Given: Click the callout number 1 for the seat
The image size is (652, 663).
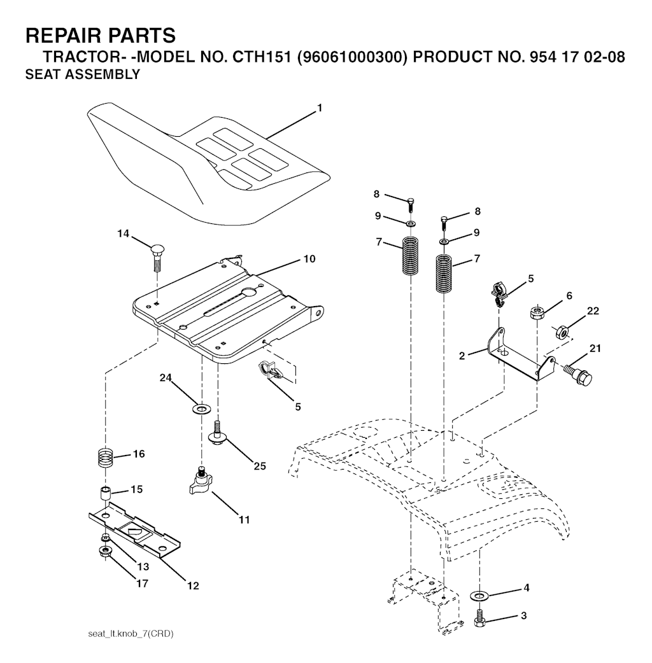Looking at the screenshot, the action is point(320,108).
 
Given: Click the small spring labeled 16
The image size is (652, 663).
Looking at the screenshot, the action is point(106,457).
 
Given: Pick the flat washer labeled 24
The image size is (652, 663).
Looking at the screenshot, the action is point(202,409).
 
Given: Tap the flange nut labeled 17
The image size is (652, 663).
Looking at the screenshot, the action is point(104,551).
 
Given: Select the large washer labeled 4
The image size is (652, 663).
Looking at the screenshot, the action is point(479,596).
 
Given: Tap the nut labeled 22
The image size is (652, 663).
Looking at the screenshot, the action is point(562,331).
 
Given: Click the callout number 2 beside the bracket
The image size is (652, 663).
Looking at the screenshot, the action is point(462,356).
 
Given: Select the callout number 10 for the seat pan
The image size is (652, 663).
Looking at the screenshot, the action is point(309,259).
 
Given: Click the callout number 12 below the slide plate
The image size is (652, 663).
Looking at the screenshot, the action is point(193,585).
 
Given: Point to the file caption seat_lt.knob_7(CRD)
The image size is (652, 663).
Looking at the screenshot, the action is point(131,634).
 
